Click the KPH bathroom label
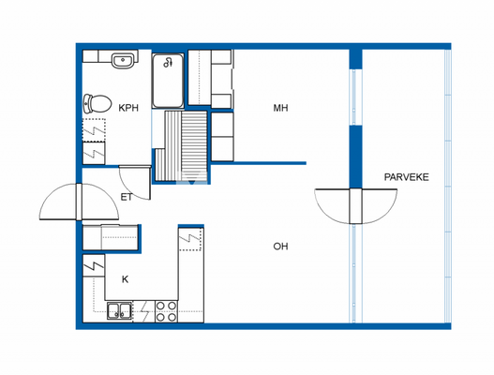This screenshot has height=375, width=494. point(128,108)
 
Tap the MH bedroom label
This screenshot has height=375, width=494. point(280,108)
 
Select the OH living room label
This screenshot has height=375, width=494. point(279,247)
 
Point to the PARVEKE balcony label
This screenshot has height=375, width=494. point(406,176)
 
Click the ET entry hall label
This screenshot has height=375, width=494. point(126,197)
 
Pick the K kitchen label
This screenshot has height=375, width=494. point(124,278)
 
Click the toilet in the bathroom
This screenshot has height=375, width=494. point(97,102)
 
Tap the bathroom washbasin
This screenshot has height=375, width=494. point(122,61)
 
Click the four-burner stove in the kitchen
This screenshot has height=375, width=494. point(166,310)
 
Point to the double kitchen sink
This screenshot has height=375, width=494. point(119,310)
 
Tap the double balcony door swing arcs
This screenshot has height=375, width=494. point(353,205)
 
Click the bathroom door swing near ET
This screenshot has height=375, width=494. point(134,175)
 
